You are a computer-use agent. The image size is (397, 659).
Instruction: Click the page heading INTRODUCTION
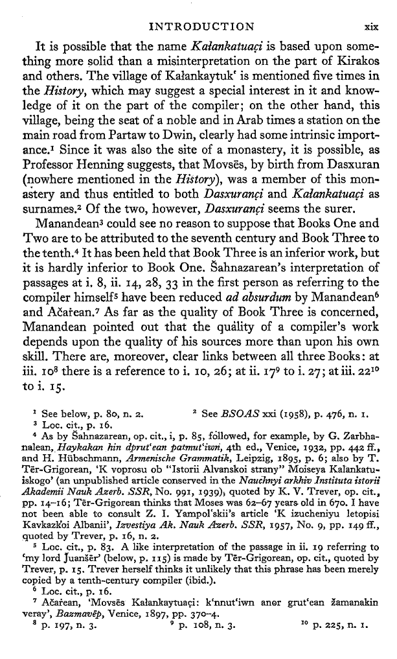201,27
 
